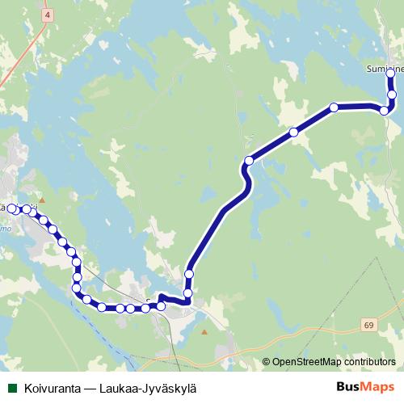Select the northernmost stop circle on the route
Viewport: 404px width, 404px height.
391,74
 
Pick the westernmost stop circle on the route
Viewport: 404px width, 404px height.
12,208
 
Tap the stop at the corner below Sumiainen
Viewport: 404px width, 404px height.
385,110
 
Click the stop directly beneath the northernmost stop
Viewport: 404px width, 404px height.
392,95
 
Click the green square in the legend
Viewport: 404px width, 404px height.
11,387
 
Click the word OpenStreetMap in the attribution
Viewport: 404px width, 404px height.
309,361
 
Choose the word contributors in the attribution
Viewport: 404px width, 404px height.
371,361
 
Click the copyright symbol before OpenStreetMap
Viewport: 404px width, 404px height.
267,361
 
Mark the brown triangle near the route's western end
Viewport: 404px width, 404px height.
43,200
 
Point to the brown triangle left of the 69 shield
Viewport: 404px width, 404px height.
204,331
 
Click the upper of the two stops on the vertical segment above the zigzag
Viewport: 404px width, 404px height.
189,275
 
